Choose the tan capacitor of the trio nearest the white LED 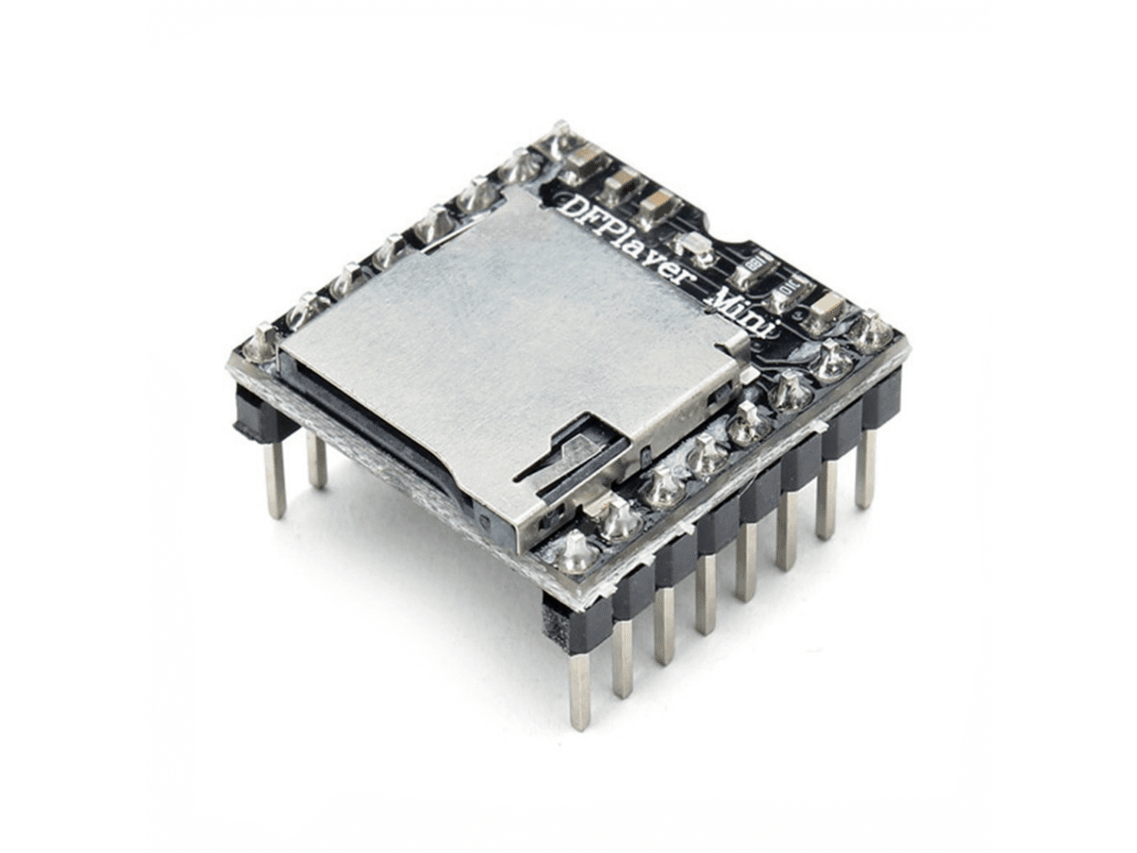click(x=657, y=205)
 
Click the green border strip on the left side click(x=71, y=426)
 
